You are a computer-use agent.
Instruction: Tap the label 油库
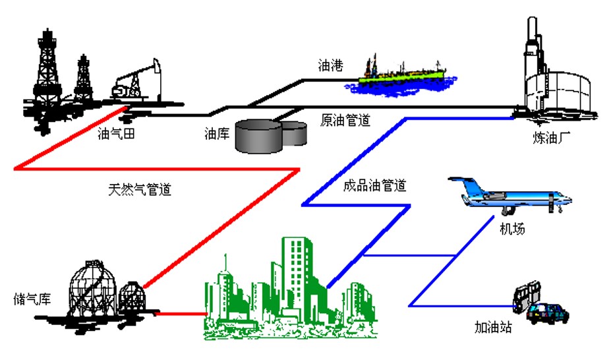(217, 135)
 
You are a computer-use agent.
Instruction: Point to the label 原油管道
(345, 121)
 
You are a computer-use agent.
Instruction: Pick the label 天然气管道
(140, 190)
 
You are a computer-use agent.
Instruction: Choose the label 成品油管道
(374, 185)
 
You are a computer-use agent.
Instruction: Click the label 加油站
(493, 328)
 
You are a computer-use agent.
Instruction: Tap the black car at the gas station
(548, 313)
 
